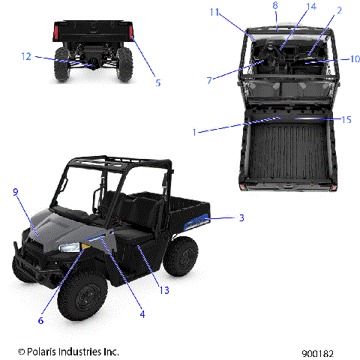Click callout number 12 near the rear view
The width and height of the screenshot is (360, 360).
click(x=26, y=56)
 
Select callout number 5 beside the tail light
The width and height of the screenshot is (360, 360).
click(x=158, y=83)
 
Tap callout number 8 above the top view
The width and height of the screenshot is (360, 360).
click(x=274, y=6)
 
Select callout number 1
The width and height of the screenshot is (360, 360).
click(x=194, y=132)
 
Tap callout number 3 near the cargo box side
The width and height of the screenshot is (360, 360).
click(x=241, y=218)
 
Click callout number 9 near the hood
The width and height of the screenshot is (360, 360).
click(x=14, y=193)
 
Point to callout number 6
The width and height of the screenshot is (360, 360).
click(x=40, y=320)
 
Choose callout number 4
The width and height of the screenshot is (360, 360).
click(x=142, y=314)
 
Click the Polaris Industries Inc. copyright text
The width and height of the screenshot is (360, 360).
click(x=68, y=351)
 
